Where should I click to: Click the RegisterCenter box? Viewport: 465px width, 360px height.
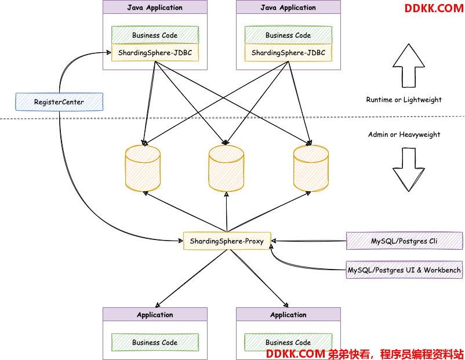click(x=59, y=101)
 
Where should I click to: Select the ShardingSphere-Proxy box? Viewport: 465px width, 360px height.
click(x=227, y=241)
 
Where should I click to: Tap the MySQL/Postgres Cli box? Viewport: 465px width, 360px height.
click(x=404, y=241)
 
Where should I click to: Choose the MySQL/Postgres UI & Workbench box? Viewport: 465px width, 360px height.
click(x=404, y=270)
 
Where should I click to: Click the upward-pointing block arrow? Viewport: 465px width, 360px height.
click(x=409, y=66)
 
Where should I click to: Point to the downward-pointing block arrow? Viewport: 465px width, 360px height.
click(x=409, y=170)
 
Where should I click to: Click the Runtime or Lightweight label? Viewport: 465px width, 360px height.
click(x=404, y=100)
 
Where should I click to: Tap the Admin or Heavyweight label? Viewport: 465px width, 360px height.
click(x=404, y=134)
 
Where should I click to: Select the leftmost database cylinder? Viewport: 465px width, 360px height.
click(x=143, y=168)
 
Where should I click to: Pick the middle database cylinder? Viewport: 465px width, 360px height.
click(x=226, y=168)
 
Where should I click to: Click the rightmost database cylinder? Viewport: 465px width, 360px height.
click(x=311, y=168)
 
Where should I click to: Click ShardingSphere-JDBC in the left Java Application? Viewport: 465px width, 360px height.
click(x=155, y=53)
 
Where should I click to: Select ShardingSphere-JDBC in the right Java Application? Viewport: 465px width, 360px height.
click(x=288, y=53)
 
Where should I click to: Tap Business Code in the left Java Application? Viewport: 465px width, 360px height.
click(x=155, y=35)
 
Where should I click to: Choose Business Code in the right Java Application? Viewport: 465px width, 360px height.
click(x=288, y=35)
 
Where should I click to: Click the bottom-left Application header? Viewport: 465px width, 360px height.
click(x=155, y=314)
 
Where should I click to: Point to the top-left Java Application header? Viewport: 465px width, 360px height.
click(x=155, y=7)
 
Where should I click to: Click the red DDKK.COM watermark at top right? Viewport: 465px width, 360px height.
click(x=434, y=8)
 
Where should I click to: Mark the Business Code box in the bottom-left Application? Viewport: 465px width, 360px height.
click(x=155, y=342)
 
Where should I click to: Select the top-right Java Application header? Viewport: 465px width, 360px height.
click(x=288, y=7)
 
